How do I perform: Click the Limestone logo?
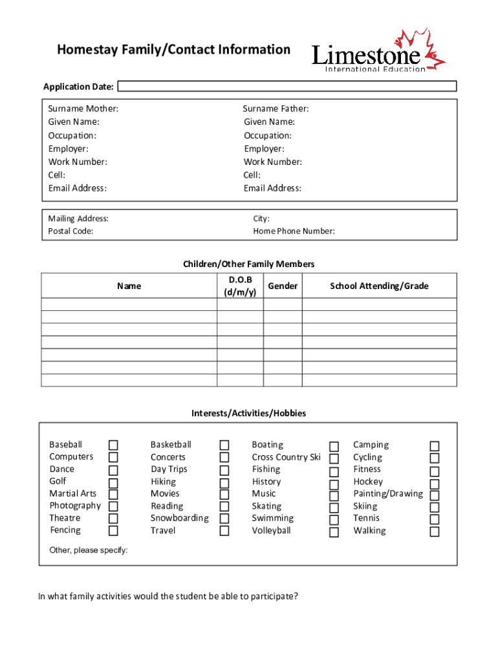(x=378, y=51)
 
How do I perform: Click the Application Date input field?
(x=287, y=86)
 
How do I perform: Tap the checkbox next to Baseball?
(x=113, y=445)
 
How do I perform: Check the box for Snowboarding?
(x=224, y=518)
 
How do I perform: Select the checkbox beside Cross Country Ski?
(x=334, y=458)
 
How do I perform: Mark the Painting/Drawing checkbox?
(x=435, y=495)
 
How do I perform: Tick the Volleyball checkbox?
(x=334, y=532)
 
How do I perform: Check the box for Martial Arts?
(x=113, y=495)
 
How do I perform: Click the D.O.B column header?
(x=240, y=286)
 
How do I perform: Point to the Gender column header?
(x=283, y=286)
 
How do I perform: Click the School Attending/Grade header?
(x=379, y=286)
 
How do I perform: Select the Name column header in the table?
(x=129, y=286)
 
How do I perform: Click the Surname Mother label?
(x=83, y=109)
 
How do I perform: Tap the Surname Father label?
(x=276, y=109)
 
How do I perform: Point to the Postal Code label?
(x=70, y=231)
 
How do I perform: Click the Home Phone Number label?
(x=294, y=231)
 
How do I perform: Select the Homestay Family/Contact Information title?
(x=173, y=50)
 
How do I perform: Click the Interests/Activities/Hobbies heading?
(x=248, y=413)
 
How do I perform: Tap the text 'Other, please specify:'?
(x=89, y=550)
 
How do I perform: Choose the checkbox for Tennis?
(x=435, y=519)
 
